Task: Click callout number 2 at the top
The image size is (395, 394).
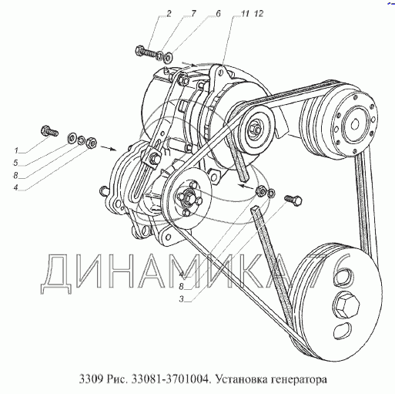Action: pos(169,14)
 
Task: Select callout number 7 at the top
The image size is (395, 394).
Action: pos(192,14)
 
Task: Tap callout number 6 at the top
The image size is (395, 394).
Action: pos(218,14)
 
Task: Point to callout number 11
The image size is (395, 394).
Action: pos(245,14)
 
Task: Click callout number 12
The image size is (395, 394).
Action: pos(259,14)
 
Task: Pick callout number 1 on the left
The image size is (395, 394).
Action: pos(16,150)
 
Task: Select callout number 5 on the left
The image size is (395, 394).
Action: pos(16,163)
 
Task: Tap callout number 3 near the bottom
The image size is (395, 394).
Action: pos(182,299)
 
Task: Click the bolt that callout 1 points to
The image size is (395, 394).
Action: pos(49,131)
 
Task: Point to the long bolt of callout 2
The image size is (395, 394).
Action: pos(146,51)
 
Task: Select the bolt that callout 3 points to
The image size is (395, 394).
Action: pos(293,200)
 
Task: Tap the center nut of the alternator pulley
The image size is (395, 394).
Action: pos(254,129)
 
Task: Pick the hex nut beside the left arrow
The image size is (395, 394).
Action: pos(92,142)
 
